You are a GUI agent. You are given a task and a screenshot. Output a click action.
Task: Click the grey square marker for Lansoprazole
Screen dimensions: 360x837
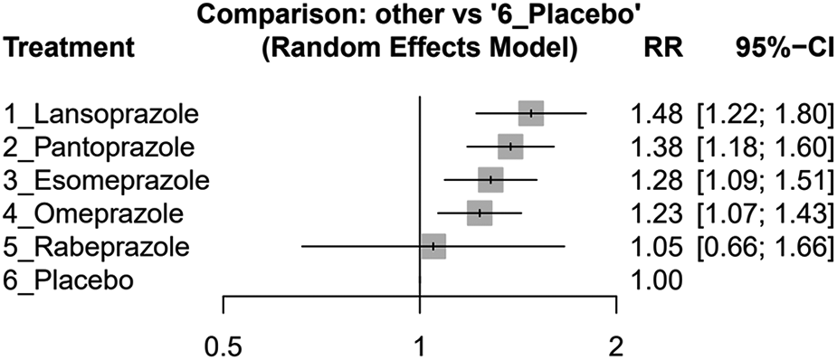point(531,113)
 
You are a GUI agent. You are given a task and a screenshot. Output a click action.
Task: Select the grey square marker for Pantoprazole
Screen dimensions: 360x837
point(510,147)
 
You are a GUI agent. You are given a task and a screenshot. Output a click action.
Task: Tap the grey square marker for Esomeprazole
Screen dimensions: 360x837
point(490,179)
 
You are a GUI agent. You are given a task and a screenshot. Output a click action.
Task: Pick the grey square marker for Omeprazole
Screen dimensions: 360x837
point(480,213)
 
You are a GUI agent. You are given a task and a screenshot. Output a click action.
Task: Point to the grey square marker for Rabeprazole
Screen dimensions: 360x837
point(434,245)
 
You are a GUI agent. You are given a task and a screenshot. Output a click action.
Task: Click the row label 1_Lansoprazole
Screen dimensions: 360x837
point(102,114)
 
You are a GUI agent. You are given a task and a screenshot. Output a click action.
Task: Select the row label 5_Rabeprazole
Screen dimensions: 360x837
point(98,246)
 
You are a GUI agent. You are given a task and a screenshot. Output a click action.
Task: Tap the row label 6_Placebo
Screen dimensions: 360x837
point(71,279)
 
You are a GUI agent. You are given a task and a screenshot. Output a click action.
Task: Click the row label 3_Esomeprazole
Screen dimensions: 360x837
point(108,180)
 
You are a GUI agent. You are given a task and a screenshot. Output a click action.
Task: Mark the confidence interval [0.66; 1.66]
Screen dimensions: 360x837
point(763,246)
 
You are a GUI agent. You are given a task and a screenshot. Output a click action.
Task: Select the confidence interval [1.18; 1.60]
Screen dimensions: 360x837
point(763,147)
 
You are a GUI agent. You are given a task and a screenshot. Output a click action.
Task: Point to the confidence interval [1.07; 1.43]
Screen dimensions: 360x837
point(763,213)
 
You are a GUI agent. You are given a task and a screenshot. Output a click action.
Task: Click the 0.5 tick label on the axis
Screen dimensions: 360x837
point(223,345)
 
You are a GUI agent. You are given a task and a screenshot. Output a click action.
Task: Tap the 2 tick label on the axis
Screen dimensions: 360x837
point(616,345)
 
